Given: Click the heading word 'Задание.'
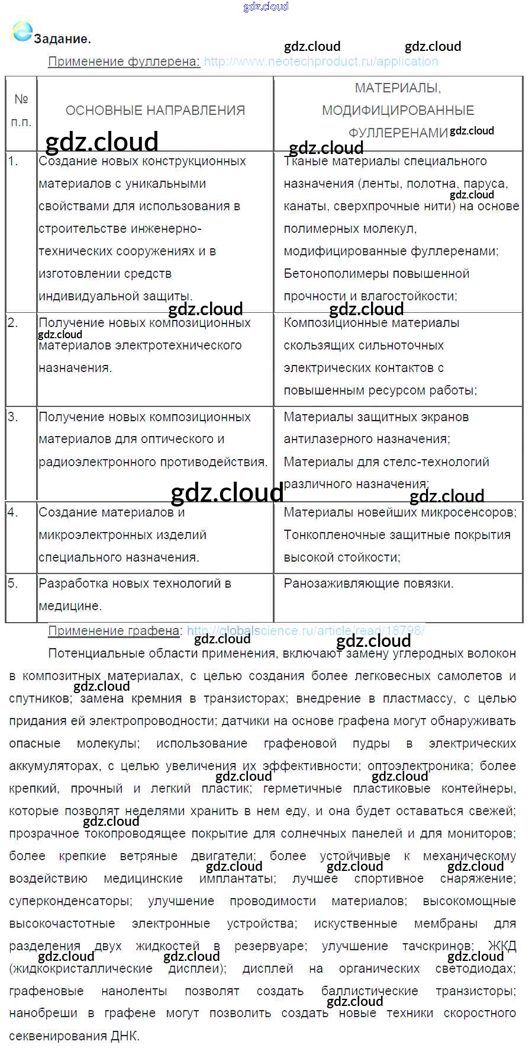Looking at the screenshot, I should [x=62, y=39].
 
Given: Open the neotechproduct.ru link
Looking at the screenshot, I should [x=321, y=62].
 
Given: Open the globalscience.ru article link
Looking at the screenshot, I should [x=305, y=631].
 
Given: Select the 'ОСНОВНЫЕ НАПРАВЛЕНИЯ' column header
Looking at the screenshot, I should [x=155, y=110].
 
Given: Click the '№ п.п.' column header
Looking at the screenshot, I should [x=21, y=110].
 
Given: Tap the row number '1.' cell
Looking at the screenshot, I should [x=13, y=161].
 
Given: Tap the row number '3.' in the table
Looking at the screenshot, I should [x=13, y=417].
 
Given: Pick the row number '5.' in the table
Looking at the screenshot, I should [x=13, y=584].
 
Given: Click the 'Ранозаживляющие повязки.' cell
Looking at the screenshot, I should [x=369, y=584].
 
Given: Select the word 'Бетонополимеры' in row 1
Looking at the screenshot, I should [x=330, y=274].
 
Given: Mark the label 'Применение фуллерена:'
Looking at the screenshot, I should [x=124, y=62].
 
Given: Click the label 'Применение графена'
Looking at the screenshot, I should [x=114, y=631].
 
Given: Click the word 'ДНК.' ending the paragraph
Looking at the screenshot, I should [x=125, y=1036].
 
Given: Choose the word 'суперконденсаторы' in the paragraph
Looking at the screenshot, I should [x=70, y=901].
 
